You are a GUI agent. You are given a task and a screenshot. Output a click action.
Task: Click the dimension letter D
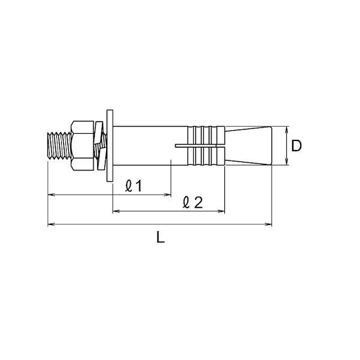(x=296, y=146)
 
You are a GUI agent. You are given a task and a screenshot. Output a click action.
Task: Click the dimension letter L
(x=160, y=237)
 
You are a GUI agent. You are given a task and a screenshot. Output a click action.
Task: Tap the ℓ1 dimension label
(x=134, y=186)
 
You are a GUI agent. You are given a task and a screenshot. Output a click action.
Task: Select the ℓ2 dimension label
(x=193, y=202)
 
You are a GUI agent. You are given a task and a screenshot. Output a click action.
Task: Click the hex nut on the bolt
(x=82, y=146)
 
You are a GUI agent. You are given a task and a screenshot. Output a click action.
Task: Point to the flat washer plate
(x=110, y=146)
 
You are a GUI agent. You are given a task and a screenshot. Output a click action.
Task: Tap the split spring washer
(x=101, y=146)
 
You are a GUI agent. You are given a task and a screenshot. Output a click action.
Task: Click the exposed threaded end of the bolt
(x=59, y=146)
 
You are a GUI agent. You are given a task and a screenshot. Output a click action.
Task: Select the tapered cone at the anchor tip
(x=248, y=146)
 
